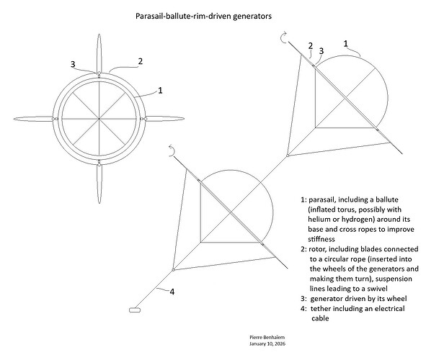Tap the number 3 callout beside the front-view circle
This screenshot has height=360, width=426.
coord(73,64)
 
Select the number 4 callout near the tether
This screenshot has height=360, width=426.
coord(171,292)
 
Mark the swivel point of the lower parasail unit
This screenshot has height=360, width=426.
coord(174,270)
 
